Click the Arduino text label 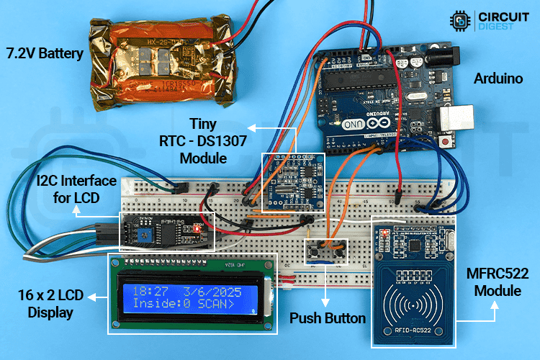tap(498, 78)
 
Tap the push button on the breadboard tap(327, 251)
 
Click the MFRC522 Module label tap(498, 282)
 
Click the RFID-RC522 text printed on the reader tap(412, 332)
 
